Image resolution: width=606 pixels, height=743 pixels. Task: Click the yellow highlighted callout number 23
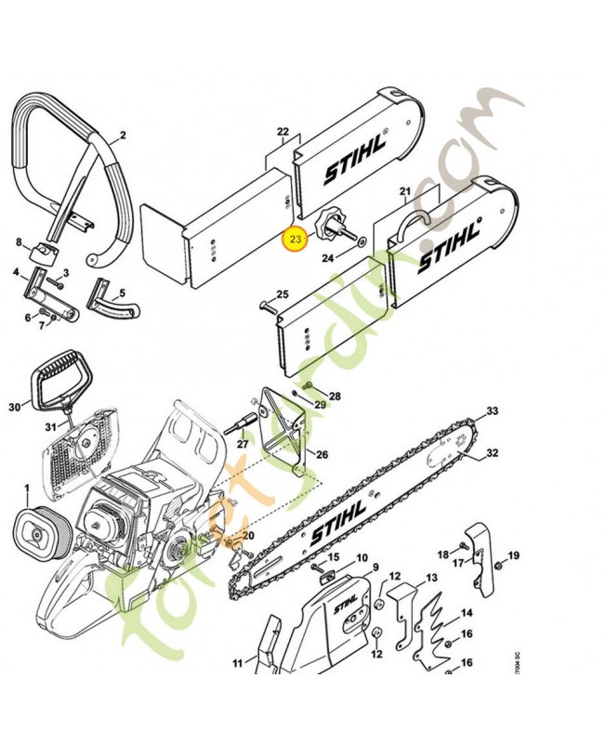[x=295, y=240]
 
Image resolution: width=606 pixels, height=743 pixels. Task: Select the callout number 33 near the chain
[x=492, y=411]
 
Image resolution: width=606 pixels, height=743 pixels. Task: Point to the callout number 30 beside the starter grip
[x=13, y=407]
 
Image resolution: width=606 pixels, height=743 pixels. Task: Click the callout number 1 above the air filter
[x=26, y=488]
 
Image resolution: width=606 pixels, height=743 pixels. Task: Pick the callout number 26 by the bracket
[x=322, y=454]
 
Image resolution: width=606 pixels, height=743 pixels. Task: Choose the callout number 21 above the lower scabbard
[x=404, y=192]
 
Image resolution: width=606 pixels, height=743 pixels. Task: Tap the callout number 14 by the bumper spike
[x=467, y=613]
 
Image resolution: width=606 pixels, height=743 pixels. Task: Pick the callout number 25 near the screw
[x=283, y=295]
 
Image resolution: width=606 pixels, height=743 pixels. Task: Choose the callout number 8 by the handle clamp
[x=18, y=242]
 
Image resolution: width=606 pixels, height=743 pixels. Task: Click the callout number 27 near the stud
[x=243, y=445]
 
